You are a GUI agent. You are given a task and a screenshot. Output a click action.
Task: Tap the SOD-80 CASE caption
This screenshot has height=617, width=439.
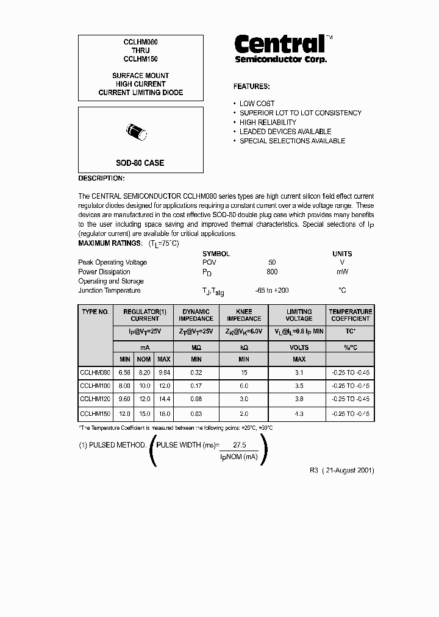click(140, 163)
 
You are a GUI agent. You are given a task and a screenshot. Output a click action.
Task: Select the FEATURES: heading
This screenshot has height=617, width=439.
click(251, 87)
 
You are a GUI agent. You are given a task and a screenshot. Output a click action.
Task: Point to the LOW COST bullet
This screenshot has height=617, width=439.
click(257, 104)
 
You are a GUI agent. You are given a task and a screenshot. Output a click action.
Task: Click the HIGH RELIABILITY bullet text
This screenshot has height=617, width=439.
click(268, 123)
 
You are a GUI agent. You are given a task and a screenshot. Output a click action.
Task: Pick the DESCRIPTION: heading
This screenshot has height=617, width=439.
click(102, 179)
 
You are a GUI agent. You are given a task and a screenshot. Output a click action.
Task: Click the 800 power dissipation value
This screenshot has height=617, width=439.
click(272, 272)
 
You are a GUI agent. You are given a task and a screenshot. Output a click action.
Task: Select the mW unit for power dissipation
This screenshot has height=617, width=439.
click(342, 272)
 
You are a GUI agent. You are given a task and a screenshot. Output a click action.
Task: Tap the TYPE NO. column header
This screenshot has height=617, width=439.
click(95, 312)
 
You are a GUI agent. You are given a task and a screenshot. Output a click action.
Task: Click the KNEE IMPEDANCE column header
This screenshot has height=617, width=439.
click(244, 315)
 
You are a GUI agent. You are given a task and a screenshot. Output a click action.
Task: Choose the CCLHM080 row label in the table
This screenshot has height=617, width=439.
click(95, 371)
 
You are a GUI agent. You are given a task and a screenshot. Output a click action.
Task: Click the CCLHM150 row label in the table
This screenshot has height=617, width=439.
click(95, 414)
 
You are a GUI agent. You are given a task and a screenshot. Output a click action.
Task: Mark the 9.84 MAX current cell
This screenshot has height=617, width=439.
click(163, 371)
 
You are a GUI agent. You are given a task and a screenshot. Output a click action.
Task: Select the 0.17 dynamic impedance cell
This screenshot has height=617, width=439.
click(196, 386)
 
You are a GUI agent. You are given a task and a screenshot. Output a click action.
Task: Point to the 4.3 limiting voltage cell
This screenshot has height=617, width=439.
click(299, 414)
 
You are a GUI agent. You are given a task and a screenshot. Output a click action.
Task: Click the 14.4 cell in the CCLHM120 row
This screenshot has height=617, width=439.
click(163, 400)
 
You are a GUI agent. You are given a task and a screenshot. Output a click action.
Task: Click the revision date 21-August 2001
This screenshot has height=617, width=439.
click(346, 471)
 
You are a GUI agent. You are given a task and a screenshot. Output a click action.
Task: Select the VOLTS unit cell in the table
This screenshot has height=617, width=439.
click(299, 348)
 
